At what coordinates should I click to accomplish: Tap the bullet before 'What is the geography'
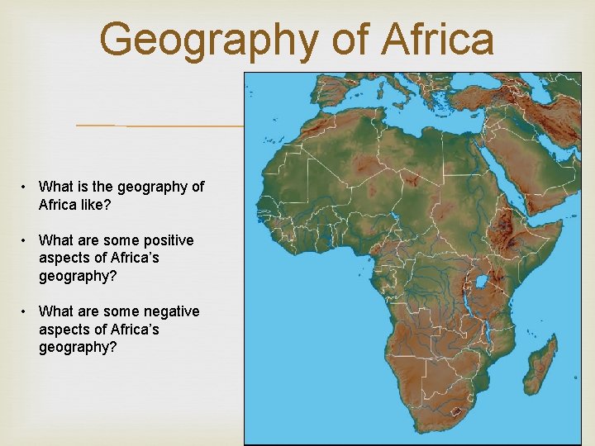tap(27, 187)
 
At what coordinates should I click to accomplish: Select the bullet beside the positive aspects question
tap(27, 240)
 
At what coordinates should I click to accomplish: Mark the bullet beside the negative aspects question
tap(27, 311)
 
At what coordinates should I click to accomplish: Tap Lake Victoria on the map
tap(480, 283)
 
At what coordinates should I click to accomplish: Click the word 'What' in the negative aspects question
tap(56, 311)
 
